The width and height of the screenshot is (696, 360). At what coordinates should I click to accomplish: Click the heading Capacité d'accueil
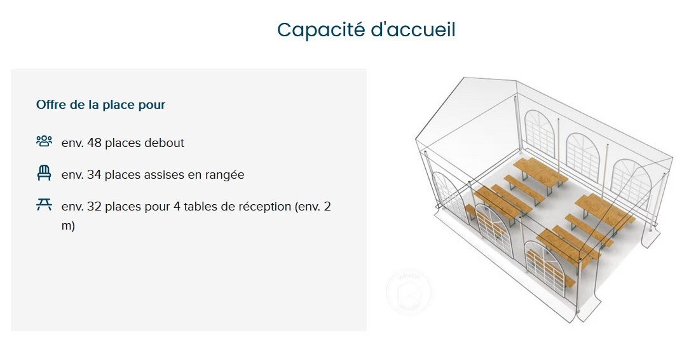point(366,31)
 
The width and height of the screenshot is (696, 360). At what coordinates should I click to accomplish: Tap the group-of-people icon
point(44,141)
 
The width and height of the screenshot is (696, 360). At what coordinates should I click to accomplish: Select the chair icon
point(44,173)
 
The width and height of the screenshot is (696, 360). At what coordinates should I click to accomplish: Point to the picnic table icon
point(44,204)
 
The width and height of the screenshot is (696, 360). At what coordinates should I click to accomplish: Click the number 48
point(95,143)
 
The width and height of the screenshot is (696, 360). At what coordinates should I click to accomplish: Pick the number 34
point(94,175)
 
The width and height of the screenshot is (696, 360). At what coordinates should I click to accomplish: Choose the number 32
point(94,207)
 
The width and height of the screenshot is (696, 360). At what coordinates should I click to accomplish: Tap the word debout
point(164,143)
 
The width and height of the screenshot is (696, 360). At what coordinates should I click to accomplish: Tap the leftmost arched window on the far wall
point(540,132)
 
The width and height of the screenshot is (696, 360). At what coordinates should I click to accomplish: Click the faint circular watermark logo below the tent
point(409,292)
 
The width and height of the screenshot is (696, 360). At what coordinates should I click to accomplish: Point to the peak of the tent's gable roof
point(464,78)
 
